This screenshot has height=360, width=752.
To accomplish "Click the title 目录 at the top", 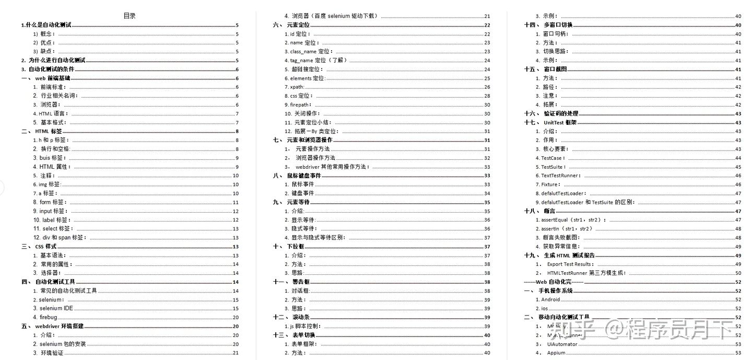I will point(130,16).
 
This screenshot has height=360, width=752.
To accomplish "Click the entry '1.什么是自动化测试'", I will point(46,25).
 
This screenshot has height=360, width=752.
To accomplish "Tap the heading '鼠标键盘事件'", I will point(304,176).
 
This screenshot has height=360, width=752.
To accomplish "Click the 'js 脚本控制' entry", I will point(305,326).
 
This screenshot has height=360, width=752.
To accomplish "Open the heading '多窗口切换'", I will point(558,25).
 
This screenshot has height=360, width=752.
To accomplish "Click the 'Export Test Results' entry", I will point(570,264).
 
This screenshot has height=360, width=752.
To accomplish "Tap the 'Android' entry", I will point(550,299).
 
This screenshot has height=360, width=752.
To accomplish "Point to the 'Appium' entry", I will point(556,353).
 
